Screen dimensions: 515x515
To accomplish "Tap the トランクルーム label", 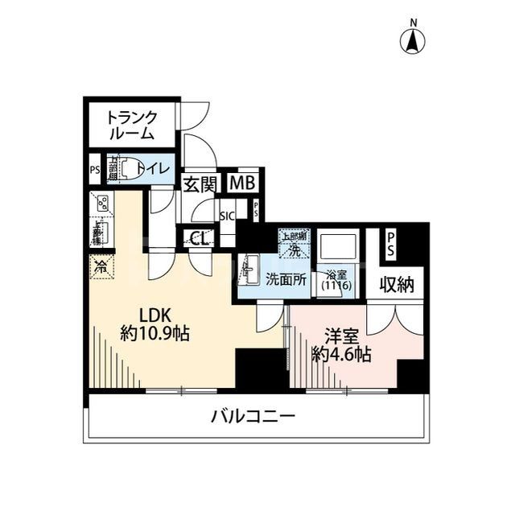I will pyautogui.click(x=133, y=125).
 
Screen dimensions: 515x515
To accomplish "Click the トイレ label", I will pyautogui.click(x=152, y=168).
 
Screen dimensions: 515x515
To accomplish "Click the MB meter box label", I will pyautogui.click(x=241, y=183).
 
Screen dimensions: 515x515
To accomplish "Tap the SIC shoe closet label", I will pyautogui.click(x=228, y=215).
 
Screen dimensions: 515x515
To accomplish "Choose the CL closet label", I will pyautogui.click(x=199, y=237).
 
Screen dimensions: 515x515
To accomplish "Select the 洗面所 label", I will pyautogui.click(x=284, y=280).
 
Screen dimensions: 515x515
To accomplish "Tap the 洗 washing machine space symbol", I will pyautogui.click(x=293, y=245).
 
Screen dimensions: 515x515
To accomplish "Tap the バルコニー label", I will pyautogui.click(x=253, y=417).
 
